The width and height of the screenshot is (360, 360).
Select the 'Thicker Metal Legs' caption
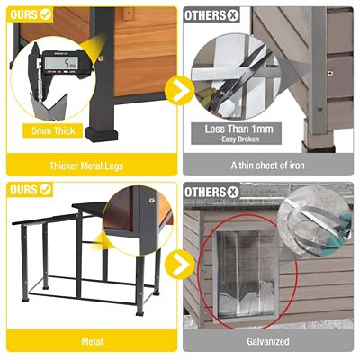pyautogui.click(x=90, y=166)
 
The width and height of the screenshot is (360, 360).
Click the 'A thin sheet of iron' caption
pyautogui.click(x=270, y=166)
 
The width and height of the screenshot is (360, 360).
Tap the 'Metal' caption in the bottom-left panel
pyautogui.click(x=90, y=342)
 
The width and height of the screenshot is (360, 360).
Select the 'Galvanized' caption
pyautogui.click(x=270, y=342)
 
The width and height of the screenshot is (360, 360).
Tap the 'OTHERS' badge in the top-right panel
pyautogui.click(x=212, y=14)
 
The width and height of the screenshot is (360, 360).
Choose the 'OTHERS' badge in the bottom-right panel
pyautogui.click(x=212, y=191)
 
